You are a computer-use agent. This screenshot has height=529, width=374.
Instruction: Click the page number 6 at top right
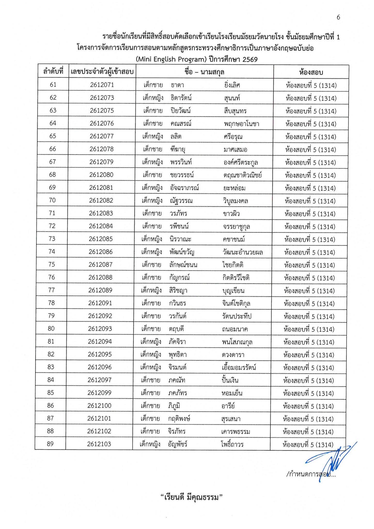(x=338, y=17)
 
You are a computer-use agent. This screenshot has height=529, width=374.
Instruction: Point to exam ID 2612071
(x=102, y=85)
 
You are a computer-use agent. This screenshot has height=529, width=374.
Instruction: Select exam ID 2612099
(x=99, y=393)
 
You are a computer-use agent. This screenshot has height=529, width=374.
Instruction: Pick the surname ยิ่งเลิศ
(x=232, y=85)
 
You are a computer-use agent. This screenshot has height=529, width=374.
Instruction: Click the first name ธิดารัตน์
(x=181, y=98)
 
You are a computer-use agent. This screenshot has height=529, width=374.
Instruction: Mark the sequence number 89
(x=50, y=444)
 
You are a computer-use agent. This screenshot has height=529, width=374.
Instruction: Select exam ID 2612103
(x=99, y=444)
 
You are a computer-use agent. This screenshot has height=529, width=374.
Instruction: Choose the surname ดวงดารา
(x=233, y=355)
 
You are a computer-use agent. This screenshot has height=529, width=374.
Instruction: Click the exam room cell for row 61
(x=311, y=85)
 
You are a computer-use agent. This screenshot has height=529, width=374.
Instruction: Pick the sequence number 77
(x=51, y=290)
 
